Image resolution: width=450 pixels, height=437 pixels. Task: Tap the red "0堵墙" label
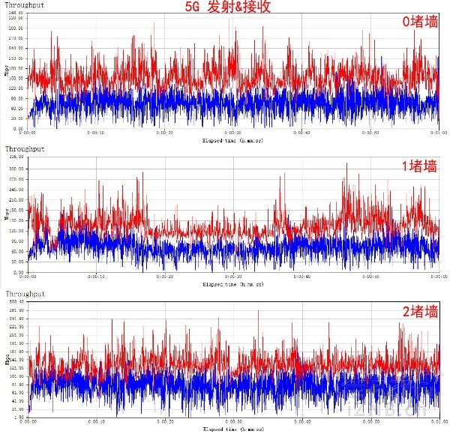420,22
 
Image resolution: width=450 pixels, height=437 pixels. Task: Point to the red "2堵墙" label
420,311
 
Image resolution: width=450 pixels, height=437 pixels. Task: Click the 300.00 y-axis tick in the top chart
15,27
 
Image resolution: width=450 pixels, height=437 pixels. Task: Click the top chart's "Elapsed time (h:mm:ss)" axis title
232,139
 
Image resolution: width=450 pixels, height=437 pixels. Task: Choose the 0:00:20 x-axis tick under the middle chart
163,277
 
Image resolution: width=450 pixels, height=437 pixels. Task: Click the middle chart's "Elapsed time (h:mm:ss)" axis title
232,285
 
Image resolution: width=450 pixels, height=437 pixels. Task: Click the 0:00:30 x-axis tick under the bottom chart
232,422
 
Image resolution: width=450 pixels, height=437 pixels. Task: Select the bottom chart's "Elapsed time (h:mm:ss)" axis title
232,430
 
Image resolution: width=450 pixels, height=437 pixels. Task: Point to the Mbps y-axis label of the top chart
7,71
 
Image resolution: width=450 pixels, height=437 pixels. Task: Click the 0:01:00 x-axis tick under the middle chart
438,277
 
